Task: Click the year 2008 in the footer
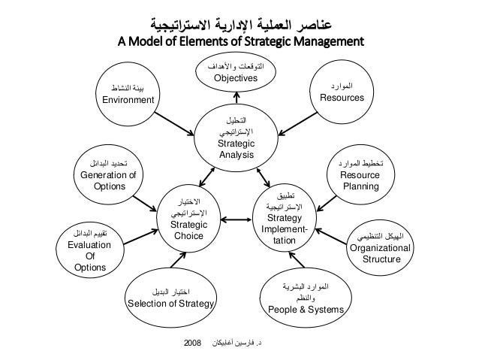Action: tap(194, 343)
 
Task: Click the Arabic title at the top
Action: tap(239, 17)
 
